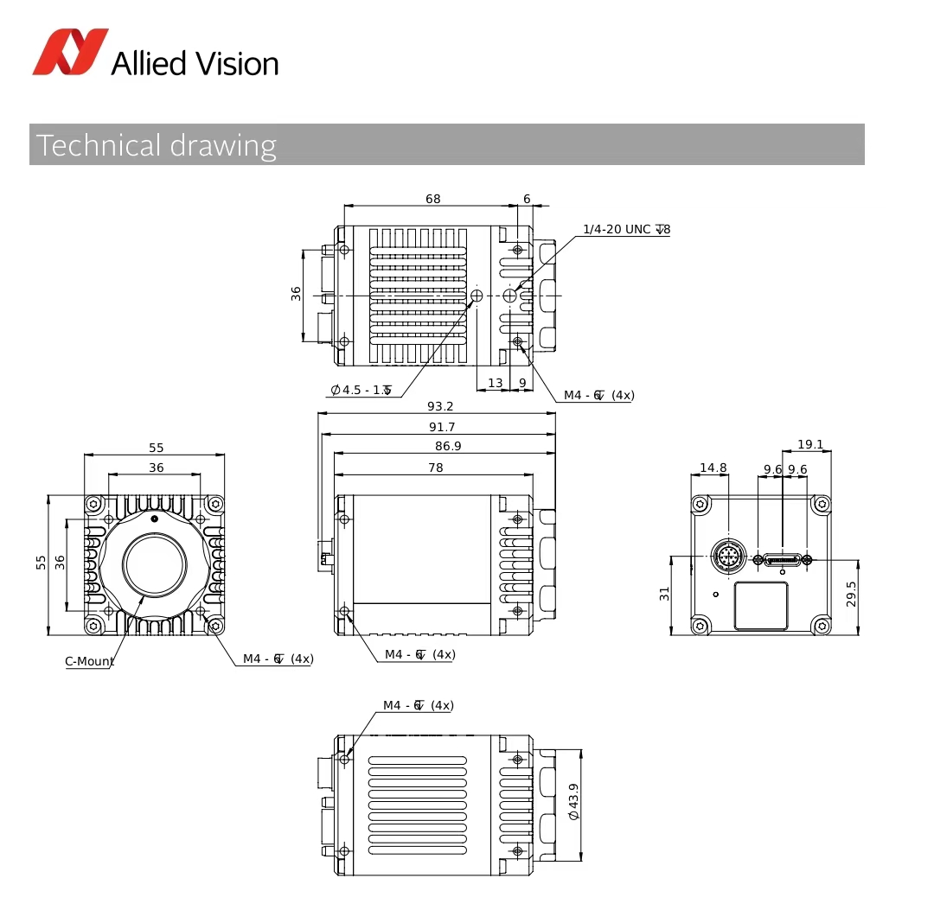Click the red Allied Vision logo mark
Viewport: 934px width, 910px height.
(70, 52)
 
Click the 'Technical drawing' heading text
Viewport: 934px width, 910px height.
(157, 145)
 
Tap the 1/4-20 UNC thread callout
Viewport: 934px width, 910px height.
(627, 229)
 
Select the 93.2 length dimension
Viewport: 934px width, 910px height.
(440, 406)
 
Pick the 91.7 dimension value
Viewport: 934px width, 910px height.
(441, 427)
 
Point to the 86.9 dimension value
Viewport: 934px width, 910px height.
(448, 446)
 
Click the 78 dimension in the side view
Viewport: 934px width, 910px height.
(435, 468)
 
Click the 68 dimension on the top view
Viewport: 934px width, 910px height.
(433, 199)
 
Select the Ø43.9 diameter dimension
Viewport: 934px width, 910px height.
(573, 802)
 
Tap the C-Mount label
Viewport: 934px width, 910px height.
(89, 661)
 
